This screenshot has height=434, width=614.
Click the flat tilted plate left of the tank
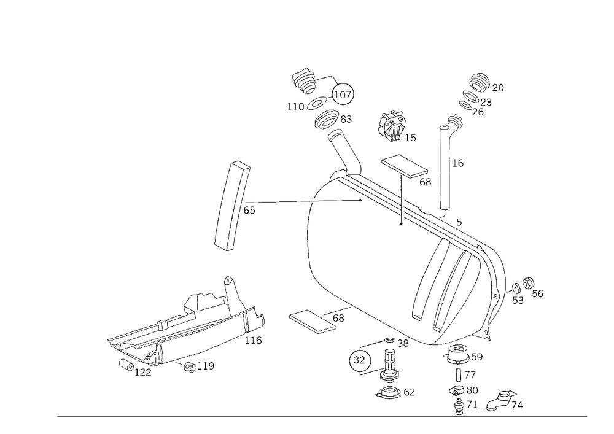point(233,206)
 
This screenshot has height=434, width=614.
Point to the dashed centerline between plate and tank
point(282,201)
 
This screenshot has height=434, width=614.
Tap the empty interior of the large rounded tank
point(356,258)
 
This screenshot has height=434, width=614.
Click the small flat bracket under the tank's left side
point(316,320)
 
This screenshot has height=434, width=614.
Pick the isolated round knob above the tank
point(391,125)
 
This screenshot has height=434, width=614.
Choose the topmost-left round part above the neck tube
point(304,80)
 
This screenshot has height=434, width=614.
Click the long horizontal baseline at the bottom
point(322,416)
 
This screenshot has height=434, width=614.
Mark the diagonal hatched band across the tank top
point(405,206)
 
